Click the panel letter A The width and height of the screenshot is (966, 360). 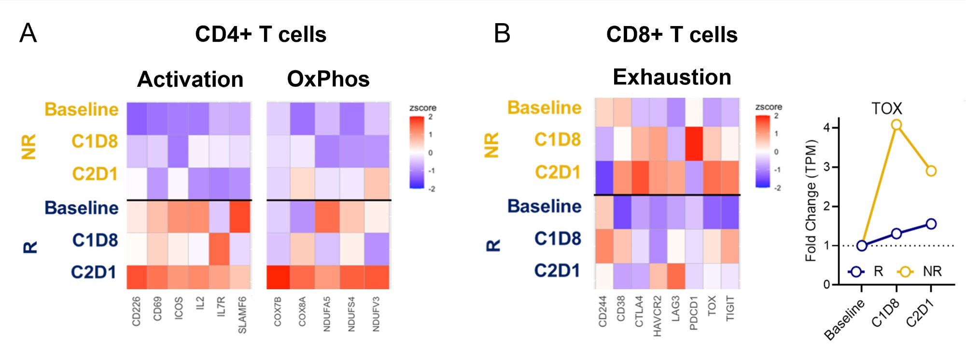pyautogui.click(x=28, y=33)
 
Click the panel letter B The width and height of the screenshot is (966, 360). pyautogui.click(x=502, y=33)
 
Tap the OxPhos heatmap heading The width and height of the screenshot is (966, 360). pyautogui.click(x=328, y=79)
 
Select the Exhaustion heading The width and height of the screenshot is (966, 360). pyautogui.click(x=672, y=77)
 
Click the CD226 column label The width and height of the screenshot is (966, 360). pyautogui.click(x=136, y=311)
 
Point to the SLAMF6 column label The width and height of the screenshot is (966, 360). pyautogui.click(x=242, y=315)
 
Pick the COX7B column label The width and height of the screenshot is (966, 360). pyautogui.click(x=278, y=311)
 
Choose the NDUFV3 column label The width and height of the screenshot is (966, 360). pyautogui.click(x=376, y=314)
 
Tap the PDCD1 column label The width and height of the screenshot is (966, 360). pyautogui.click(x=694, y=313)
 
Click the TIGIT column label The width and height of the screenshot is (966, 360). pyautogui.click(x=730, y=309)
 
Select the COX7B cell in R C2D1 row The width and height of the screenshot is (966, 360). pyautogui.click(x=279, y=277)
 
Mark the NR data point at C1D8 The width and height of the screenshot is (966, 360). pyautogui.click(x=896, y=125)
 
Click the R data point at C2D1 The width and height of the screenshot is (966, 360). pyautogui.click(x=931, y=224)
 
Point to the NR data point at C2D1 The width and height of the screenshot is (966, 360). pyautogui.click(x=931, y=171)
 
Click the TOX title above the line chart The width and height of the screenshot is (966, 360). pyautogui.click(x=886, y=108)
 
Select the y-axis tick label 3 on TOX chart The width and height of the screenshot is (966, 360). pyautogui.click(x=826, y=167)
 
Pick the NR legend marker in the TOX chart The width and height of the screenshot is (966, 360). pyautogui.click(x=905, y=272)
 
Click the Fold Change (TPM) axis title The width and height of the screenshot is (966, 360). pyautogui.click(x=811, y=200)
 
